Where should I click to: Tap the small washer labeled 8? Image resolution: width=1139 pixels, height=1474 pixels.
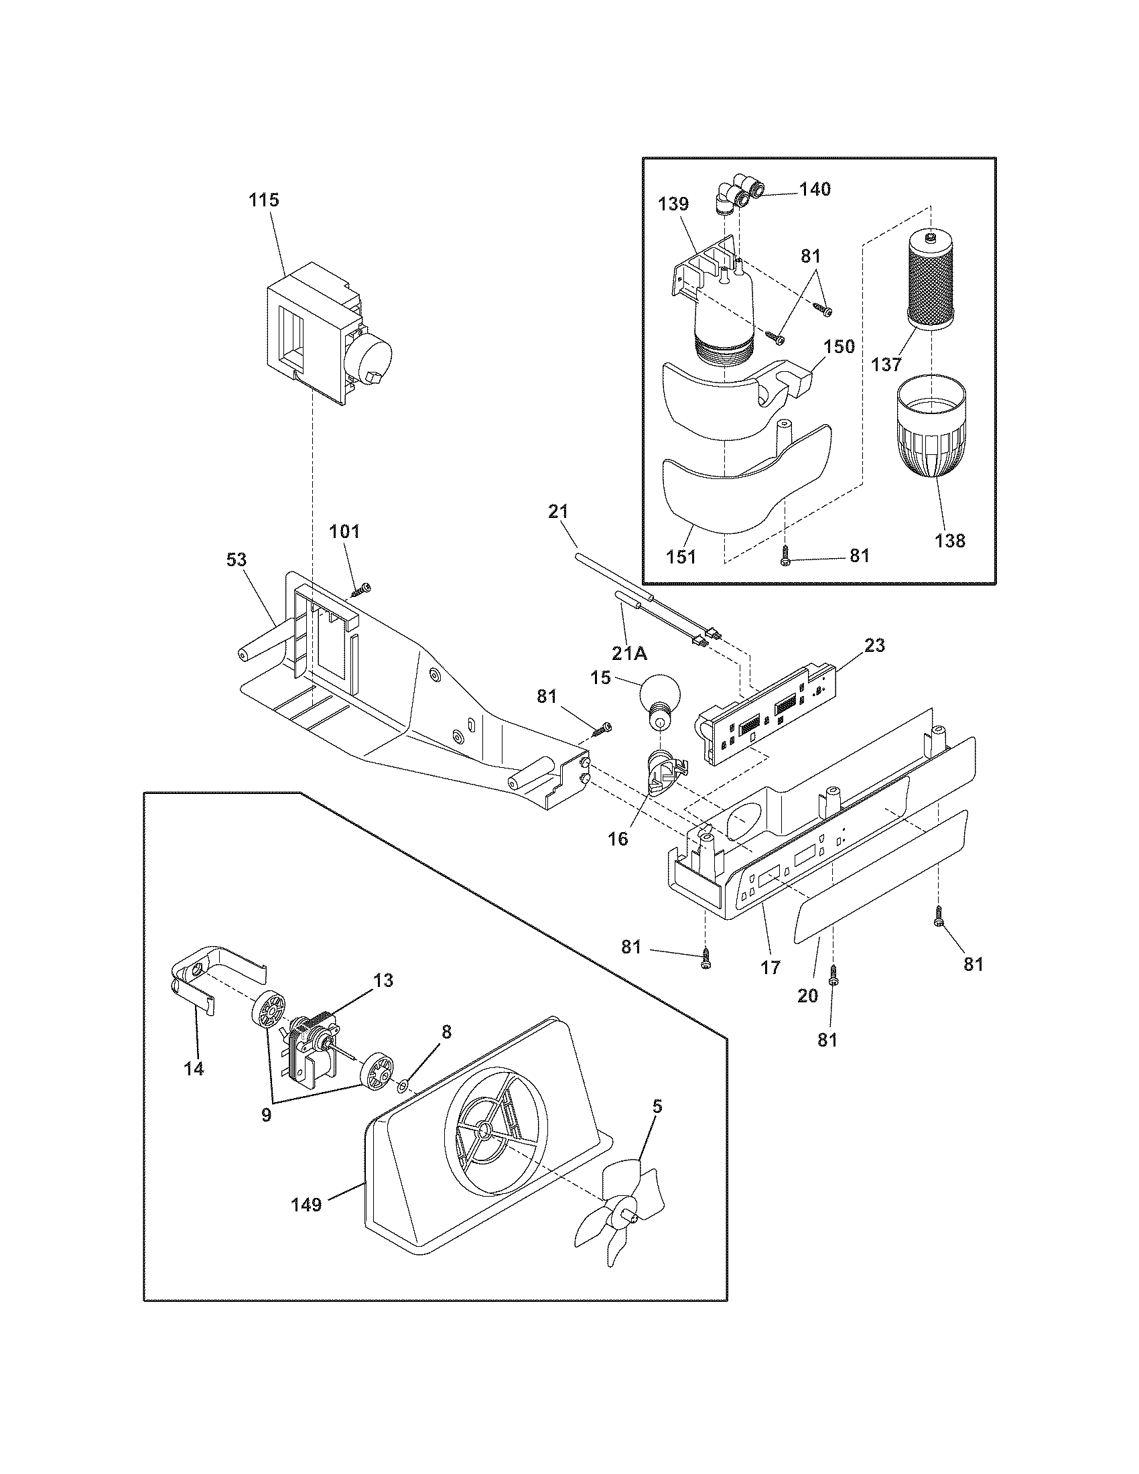tap(403, 1086)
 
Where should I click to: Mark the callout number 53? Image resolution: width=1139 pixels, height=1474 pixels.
tap(236, 559)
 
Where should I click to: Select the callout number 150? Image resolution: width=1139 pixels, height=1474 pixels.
tap(840, 347)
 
